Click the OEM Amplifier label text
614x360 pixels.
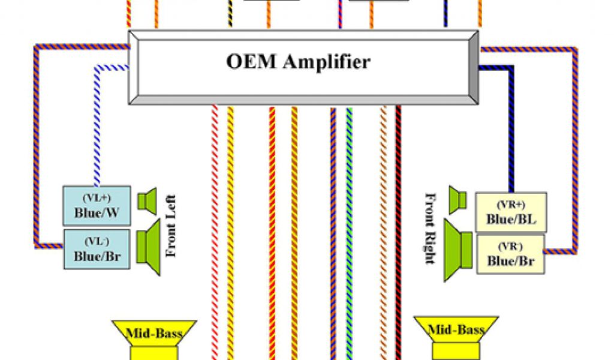click(298, 62)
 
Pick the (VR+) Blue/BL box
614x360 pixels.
click(511, 212)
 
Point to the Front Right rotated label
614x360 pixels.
click(431, 228)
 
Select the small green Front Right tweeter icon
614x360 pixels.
click(458, 201)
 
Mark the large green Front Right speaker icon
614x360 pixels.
click(458, 250)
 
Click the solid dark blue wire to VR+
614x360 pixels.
click(511, 132)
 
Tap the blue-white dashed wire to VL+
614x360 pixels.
click(96, 132)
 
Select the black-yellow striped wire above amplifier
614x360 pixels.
click(230, 13)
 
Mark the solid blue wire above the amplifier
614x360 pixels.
click(446, 13)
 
